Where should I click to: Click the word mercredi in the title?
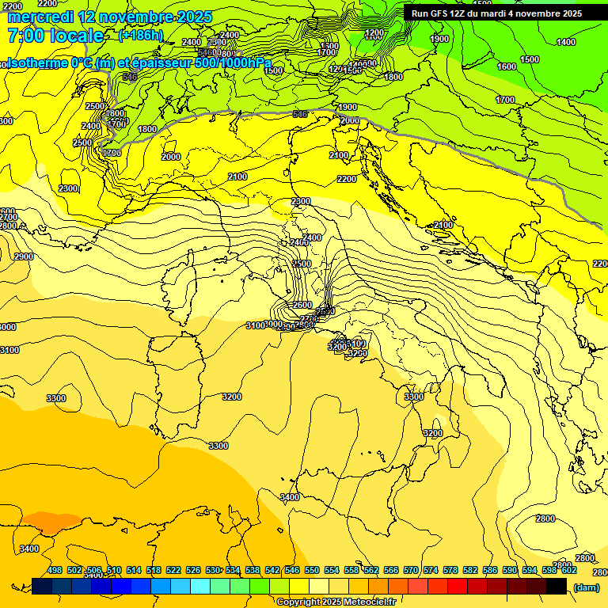pyautogui.click(x=40, y=17)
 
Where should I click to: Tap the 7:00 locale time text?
pyautogui.click(x=55, y=36)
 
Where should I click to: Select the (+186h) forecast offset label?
pyautogui.click(x=141, y=36)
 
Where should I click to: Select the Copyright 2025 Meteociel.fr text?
pyautogui.click(x=336, y=602)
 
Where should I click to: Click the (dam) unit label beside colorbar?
pyautogui.click(x=585, y=587)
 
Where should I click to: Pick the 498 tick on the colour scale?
pyautogui.click(x=55, y=571)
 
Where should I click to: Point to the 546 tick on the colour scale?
pyautogui.click(x=292, y=571)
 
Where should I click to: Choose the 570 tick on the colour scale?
pyautogui.click(x=411, y=571)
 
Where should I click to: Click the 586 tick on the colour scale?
pyautogui.click(x=490, y=571)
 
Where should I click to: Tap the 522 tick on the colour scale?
pyautogui.click(x=173, y=571)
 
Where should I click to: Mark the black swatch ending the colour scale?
pyautogui.click(x=557, y=586)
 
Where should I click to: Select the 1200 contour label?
pyautogui.click(x=374, y=32)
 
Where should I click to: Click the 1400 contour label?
pyautogui.click(x=566, y=42)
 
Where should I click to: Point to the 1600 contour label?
pyautogui.click(x=507, y=66)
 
